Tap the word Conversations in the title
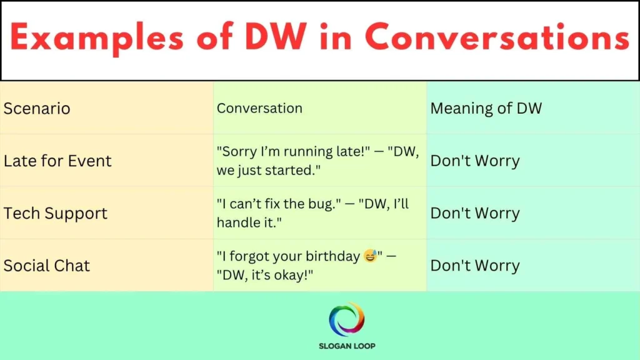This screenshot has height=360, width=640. tap(497, 39)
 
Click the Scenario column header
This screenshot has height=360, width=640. tap(37, 108)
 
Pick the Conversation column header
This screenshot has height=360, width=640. tap(259, 108)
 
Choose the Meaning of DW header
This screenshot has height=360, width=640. tap(486, 108)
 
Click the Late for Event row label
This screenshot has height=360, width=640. tap(57, 161)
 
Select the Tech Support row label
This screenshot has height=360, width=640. tap(56, 213)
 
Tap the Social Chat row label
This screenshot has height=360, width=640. tap(47, 266)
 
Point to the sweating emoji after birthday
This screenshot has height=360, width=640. tap(370, 256)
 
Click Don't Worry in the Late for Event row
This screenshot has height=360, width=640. tap(474, 161)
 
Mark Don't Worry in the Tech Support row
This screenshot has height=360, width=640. tap(474, 213)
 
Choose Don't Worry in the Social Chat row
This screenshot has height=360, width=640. tap(474, 266)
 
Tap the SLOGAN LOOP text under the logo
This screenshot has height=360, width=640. tap(346, 346)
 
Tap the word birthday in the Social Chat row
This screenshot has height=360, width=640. tap(332, 256)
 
